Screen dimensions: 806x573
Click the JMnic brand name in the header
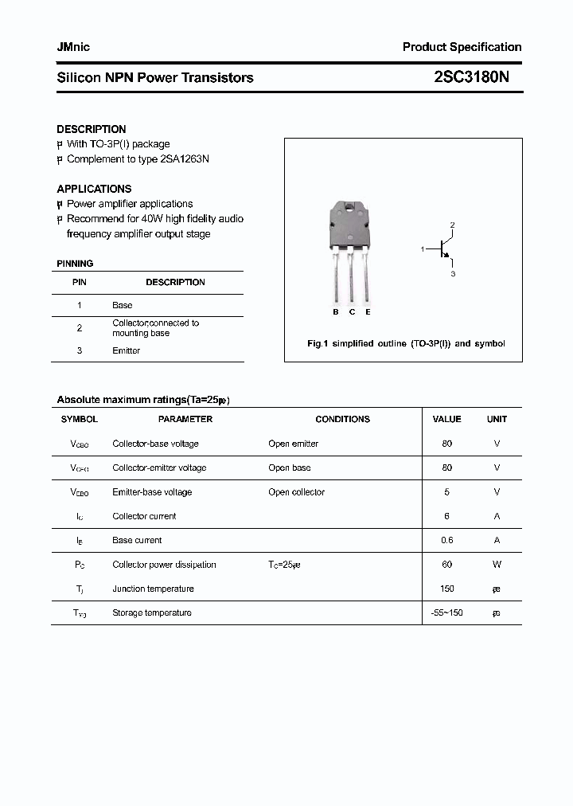pos(73,47)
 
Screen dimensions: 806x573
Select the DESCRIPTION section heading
pos(91,129)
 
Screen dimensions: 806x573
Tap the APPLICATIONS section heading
pos(94,189)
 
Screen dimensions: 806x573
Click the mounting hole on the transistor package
pos(349,209)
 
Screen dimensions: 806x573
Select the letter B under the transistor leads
pos(336,312)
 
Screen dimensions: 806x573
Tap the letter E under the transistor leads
pos(368,312)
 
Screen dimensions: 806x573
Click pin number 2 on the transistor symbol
pos(452,225)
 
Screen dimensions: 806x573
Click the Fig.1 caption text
pos(406,344)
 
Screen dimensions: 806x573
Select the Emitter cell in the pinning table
pos(126,350)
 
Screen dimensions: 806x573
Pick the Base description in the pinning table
pos(123,305)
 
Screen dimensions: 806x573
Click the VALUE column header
pos(446,419)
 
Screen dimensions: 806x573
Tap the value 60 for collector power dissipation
pos(446,565)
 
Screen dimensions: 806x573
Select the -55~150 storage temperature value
pos(446,612)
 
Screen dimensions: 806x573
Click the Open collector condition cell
pos(296,492)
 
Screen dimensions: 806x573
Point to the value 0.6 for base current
pos(446,540)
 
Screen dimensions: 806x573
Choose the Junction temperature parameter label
pos(153,589)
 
